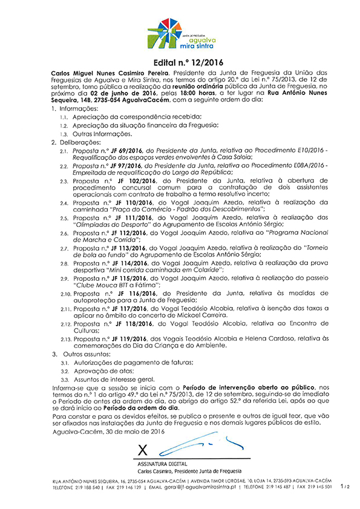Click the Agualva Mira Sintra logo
[x=179, y=34]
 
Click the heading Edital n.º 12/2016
[x=180, y=62]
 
